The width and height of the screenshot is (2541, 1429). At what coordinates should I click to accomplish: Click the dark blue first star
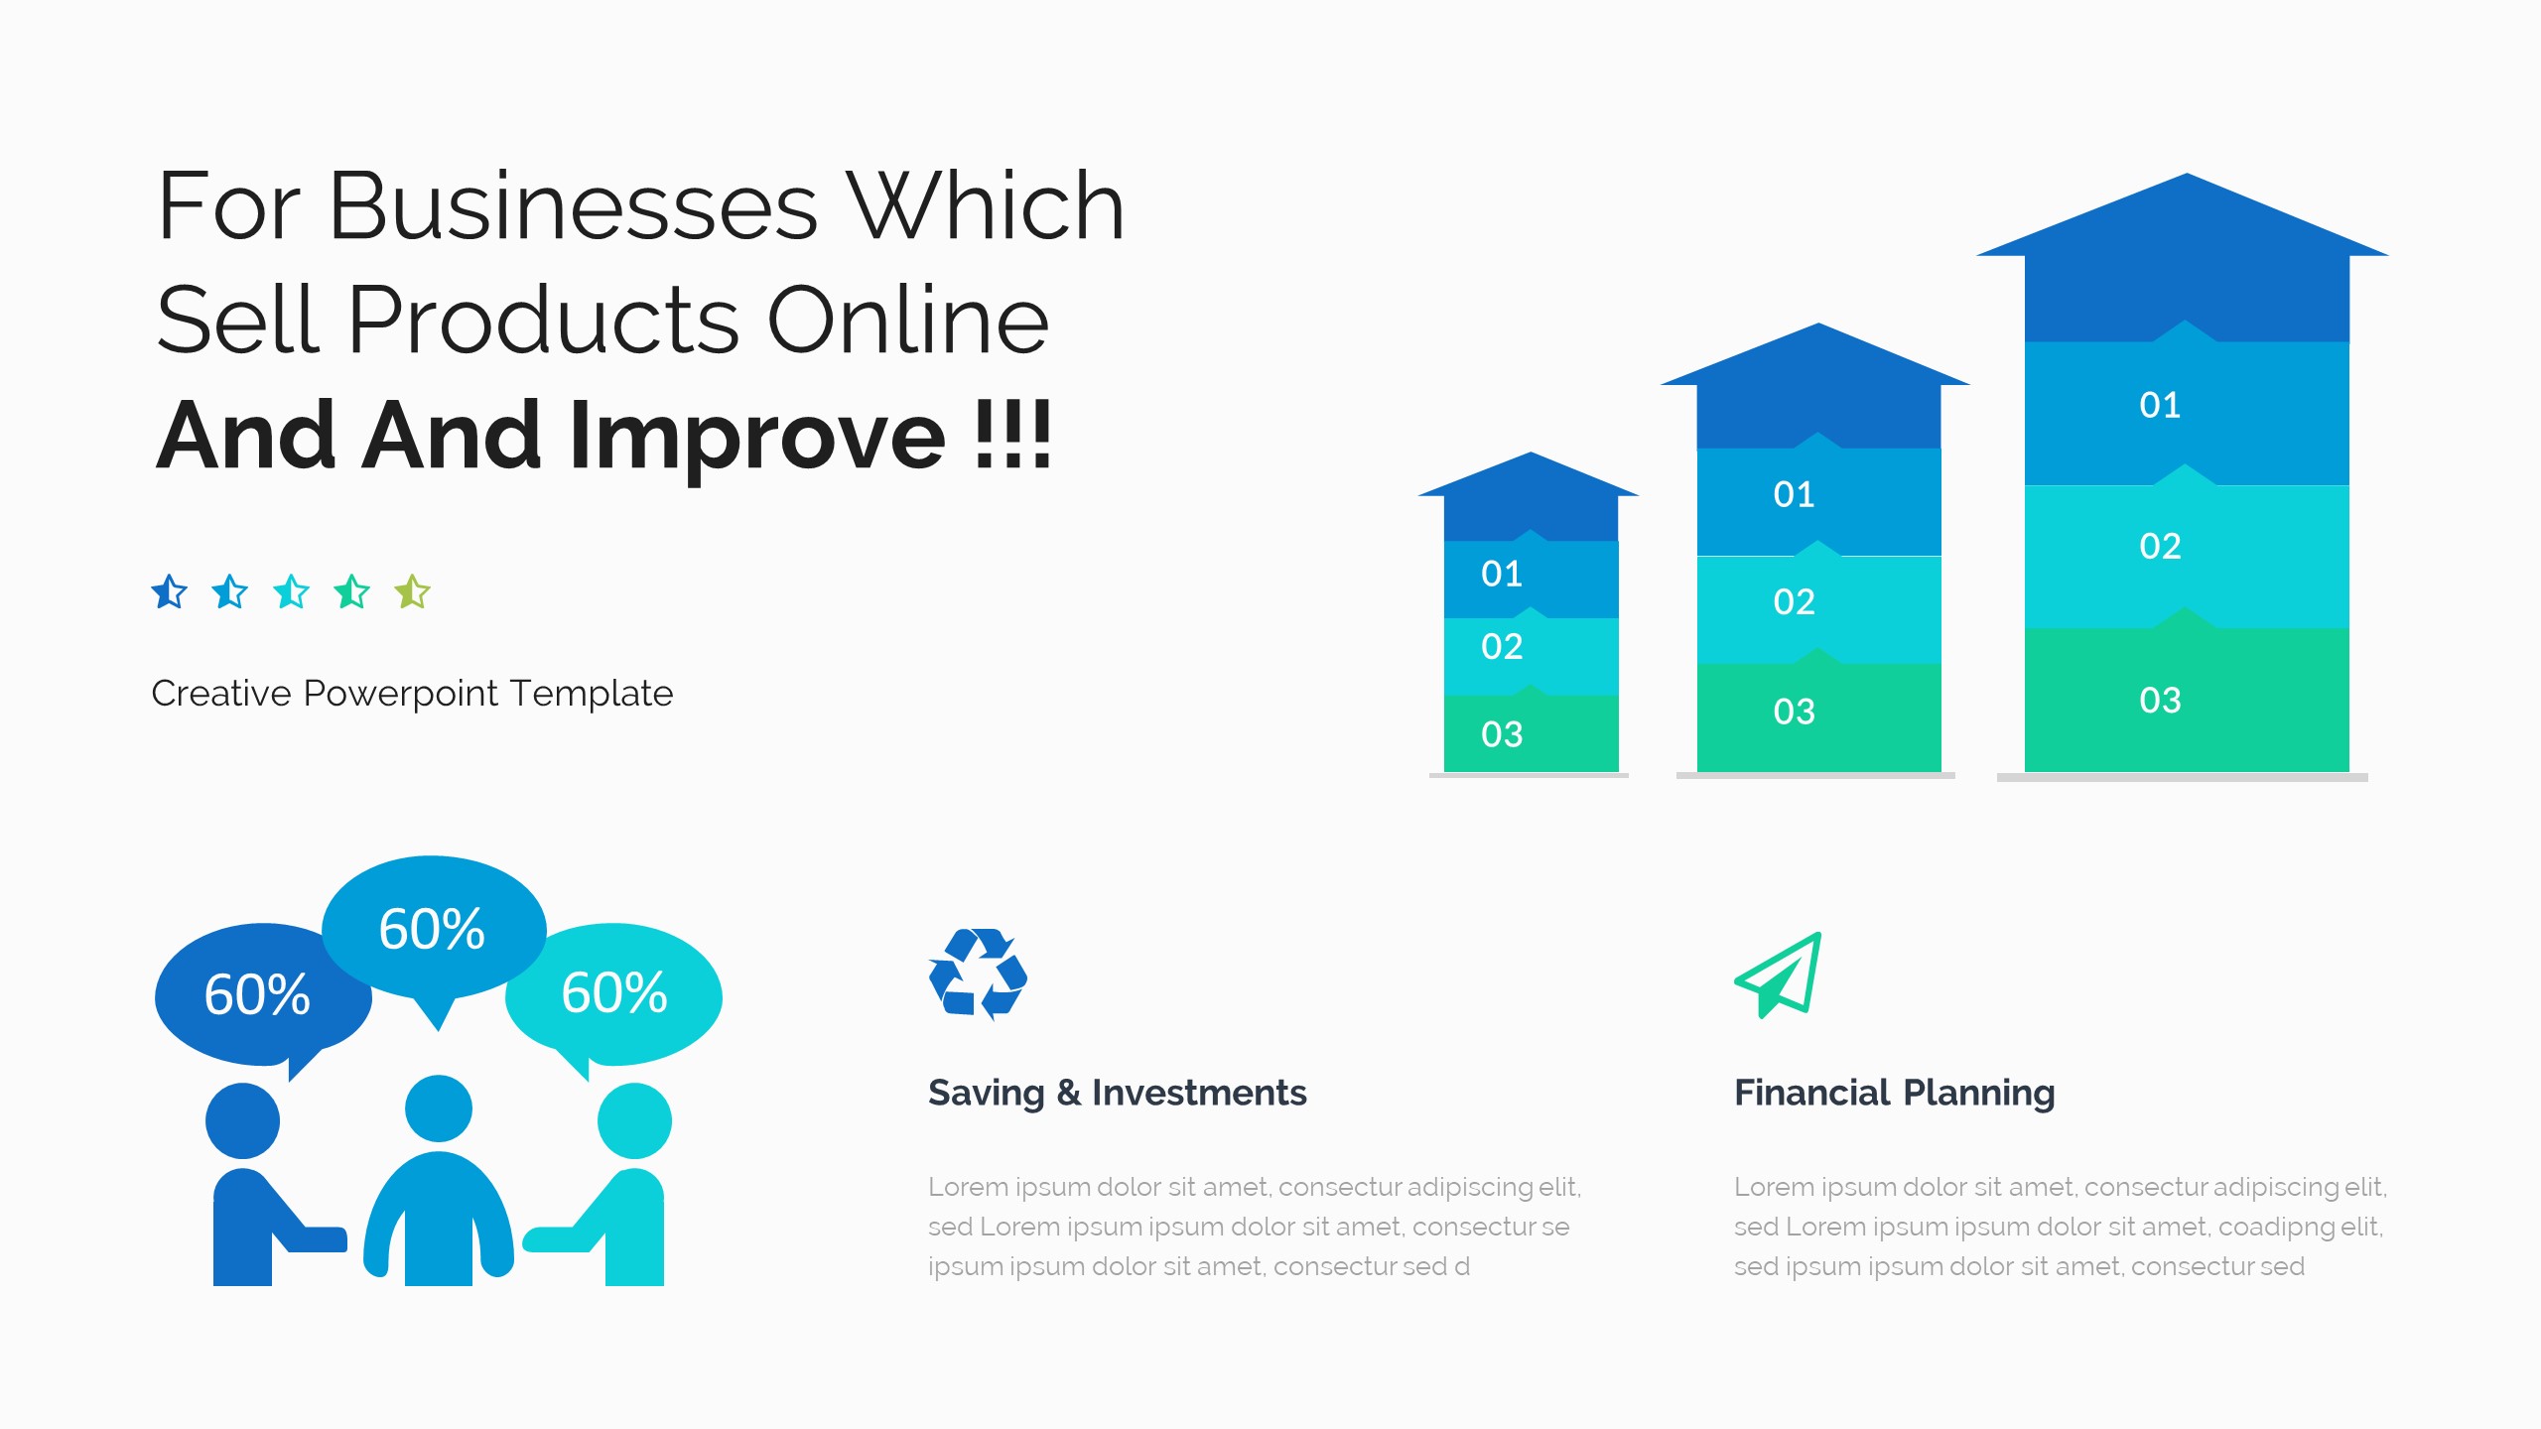pyautogui.click(x=170, y=592)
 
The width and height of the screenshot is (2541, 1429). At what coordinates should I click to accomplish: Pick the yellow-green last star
pyautogui.click(x=412, y=592)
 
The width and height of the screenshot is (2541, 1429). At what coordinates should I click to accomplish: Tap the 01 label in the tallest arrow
pyautogui.click(x=2160, y=406)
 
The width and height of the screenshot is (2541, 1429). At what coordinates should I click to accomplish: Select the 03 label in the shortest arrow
pyautogui.click(x=1501, y=735)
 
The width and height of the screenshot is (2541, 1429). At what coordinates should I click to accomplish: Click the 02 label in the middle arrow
pyautogui.click(x=1794, y=602)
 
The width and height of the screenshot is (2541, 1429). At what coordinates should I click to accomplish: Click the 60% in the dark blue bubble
pyautogui.click(x=257, y=995)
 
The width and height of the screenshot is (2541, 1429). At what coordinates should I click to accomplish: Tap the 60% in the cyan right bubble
pyautogui.click(x=614, y=993)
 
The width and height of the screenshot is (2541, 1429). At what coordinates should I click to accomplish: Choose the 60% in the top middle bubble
pyautogui.click(x=432, y=930)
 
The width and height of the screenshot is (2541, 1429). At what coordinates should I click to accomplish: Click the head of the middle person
pyautogui.click(x=439, y=1108)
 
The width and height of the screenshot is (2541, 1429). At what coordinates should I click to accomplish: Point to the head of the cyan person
pyautogui.click(x=634, y=1120)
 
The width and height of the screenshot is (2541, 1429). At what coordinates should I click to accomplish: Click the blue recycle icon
pyautogui.click(x=978, y=974)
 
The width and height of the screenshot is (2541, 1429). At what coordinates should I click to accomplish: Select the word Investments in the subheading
pyautogui.click(x=1199, y=1094)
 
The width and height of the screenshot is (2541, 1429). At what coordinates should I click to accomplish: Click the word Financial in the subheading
pyautogui.click(x=1811, y=1094)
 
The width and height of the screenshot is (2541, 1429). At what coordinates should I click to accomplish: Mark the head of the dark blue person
pyautogui.click(x=243, y=1120)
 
